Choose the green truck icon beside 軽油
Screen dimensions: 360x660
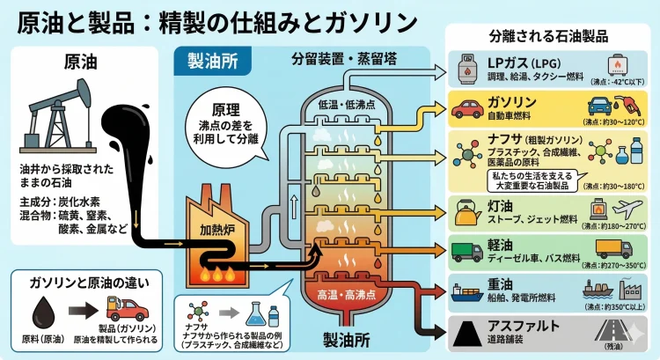coord(467,250)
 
